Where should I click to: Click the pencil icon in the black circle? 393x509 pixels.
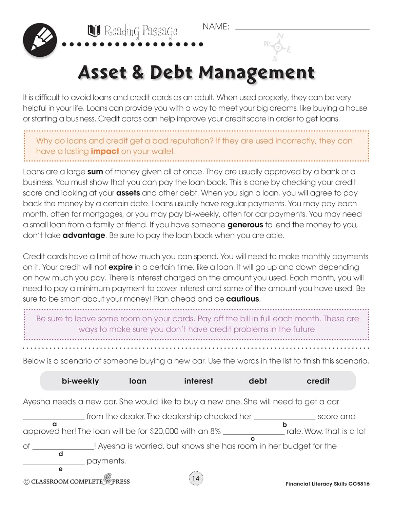pos(40,40)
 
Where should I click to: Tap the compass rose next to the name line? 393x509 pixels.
pos(278,48)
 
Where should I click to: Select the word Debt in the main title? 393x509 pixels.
pos(171,72)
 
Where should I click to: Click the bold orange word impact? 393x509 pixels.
pos(105,151)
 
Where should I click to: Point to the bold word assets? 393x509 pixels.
pos(128,193)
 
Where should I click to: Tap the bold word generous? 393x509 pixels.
pos(245,225)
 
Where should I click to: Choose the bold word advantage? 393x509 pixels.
pos(84,235)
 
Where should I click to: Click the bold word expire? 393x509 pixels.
pos(120,267)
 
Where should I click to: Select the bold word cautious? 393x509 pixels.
pos(242,299)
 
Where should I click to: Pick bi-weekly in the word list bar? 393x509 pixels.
pos(80,381)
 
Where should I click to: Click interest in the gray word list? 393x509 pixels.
pos(198,381)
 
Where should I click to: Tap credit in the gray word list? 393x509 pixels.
pos(318,381)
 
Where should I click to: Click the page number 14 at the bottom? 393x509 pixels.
pos(196,478)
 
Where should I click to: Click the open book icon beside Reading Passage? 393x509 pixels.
pos(94,31)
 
